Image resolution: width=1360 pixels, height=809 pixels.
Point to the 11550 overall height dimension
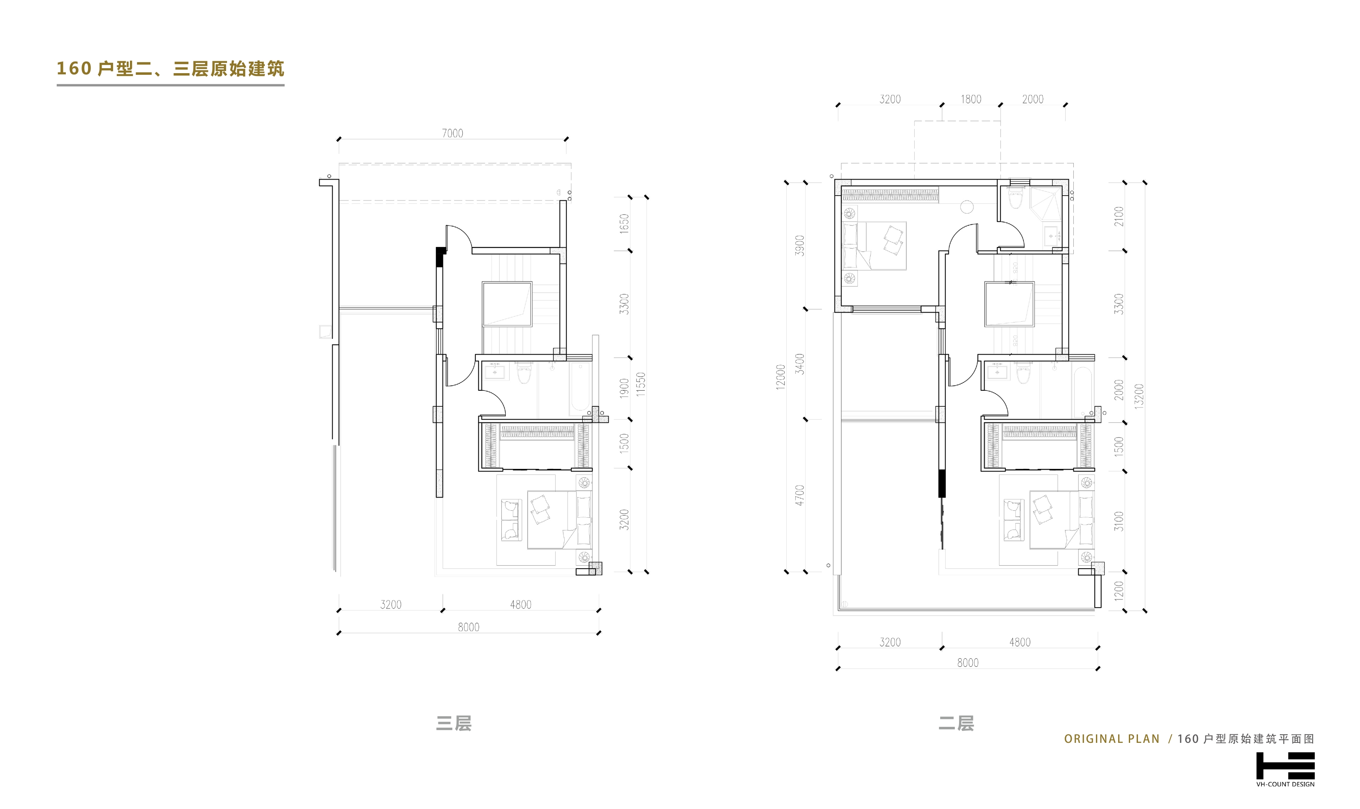641,384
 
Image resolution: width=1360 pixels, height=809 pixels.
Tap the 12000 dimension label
781,376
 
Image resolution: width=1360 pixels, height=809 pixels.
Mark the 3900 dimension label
799,245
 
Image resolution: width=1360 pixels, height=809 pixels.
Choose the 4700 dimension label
799,495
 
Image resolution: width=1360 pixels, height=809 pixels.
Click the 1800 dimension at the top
971,99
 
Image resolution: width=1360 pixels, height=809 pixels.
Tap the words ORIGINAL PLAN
1111,739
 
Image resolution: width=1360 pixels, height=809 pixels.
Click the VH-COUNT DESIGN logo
1285,769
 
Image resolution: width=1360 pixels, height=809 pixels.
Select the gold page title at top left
170,69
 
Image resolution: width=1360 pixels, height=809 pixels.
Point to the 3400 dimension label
799,364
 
